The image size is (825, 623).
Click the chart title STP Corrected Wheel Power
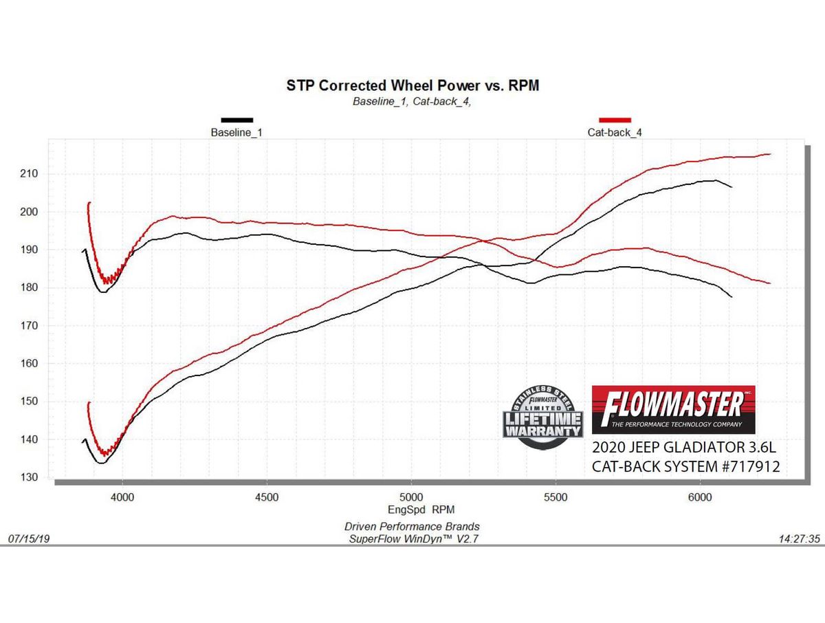coord(412,85)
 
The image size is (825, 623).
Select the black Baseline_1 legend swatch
coord(236,120)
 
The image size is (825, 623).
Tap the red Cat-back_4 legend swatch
coord(615,120)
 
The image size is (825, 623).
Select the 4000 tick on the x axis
coord(122,496)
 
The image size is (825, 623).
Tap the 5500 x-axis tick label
coord(555,496)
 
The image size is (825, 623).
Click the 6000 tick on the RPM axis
coord(699,496)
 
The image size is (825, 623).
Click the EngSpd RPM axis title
coord(411,510)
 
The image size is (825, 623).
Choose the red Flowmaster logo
coord(673,409)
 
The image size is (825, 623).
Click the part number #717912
coord(740,467)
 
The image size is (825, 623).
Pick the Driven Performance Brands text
coord(412,527)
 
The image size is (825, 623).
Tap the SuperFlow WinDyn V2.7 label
coord(413,540)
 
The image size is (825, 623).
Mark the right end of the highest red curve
coord(770,154)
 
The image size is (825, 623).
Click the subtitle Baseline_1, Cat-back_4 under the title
coord(411,102)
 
